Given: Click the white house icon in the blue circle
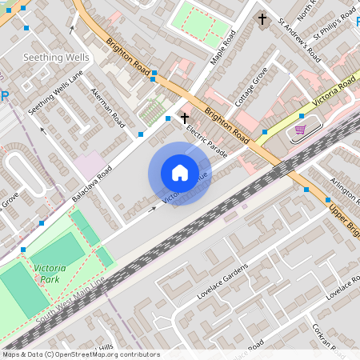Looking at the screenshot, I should (180, 172).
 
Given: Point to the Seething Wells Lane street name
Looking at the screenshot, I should (55, 93).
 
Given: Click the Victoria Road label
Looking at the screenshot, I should (334, 93).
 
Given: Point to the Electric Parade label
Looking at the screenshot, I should (206, 141).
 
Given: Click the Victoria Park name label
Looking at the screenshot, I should (48, 274).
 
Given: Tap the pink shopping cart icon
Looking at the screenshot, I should (300, 129).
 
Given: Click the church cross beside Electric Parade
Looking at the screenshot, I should (184, 118).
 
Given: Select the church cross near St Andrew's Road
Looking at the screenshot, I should (262, 18).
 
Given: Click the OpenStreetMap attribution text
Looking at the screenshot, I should (81, 354).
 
